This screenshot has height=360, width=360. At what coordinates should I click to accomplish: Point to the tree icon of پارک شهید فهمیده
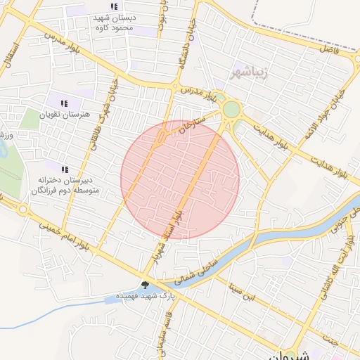(x=145, y=285)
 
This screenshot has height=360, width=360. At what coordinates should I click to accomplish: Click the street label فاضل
(x=330, y=51)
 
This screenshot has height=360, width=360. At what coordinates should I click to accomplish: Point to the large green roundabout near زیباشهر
(x=231, y=110)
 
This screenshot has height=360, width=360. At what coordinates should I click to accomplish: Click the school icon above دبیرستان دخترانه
(x=65, y=169)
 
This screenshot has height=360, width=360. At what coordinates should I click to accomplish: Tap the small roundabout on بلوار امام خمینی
(x=24, y=209)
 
